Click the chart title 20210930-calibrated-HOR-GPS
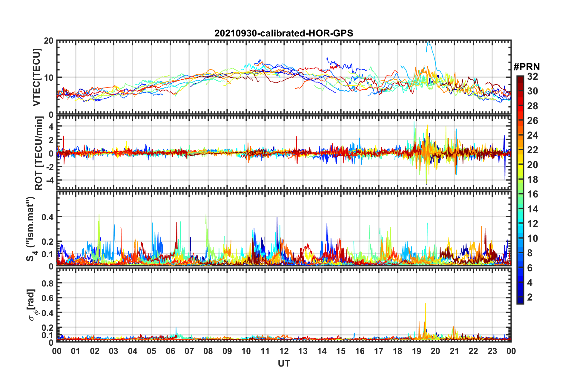coord(284,33)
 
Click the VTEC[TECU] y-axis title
coord(36,77)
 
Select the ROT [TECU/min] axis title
coord(39,153)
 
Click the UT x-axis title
coord(284,363)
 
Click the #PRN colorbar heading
coord(526,67)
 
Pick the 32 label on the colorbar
coord(532,76)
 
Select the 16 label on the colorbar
coord(532,194)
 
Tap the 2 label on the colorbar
coord(530,297)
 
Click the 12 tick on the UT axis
coord(284,351)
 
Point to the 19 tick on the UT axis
coord(417,351)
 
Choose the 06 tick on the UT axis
coord(171,351)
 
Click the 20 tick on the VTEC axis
coord(49,41)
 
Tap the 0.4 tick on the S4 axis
coord(47,217)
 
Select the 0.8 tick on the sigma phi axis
coord(47,283)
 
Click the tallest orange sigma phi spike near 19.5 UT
coord(425,304)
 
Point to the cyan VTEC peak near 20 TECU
coord(429,42)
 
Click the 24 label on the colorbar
coord(532,135)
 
